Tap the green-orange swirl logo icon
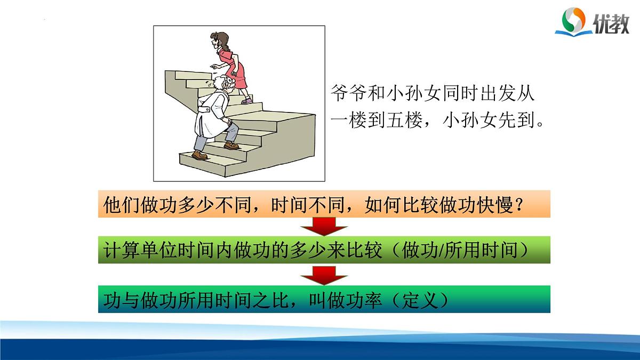(x=574, y=21)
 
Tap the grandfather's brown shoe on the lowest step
(x=199, y=155)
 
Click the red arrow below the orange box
(x=324, y=226)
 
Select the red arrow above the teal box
(x=324, y=276)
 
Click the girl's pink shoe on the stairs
(x=246, y=100)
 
